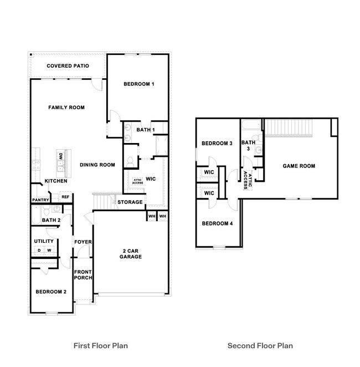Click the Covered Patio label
(68, 66)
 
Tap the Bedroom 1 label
(138, 84)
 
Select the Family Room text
(66, 108)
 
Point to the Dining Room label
(97, 165)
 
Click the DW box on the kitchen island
(60, 157)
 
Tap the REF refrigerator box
(65, 197)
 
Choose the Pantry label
(41, 200)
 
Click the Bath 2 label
(51, 221)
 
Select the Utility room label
(44, 241)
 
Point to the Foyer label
(83, 242)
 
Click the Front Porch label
(83, 274)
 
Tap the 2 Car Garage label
(132, 253)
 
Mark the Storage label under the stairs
(130, 202)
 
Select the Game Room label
(299, 166)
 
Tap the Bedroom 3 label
(217, 144)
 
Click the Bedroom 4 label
(217, 223)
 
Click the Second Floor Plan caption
(260, 346)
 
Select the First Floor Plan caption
(101, 346)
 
